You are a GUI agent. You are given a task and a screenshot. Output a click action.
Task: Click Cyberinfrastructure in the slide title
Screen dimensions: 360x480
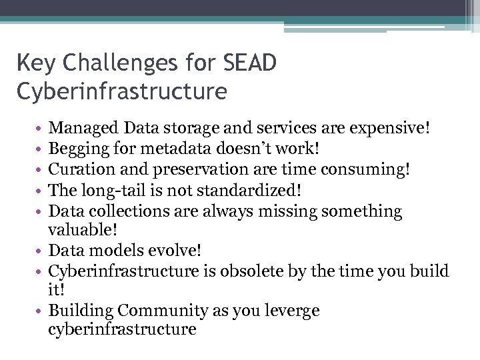coord(121,91)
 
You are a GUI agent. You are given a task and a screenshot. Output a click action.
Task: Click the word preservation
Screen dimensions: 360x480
coord(189,169)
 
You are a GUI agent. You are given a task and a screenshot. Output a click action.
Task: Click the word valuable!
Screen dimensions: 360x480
coord(83,230)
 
